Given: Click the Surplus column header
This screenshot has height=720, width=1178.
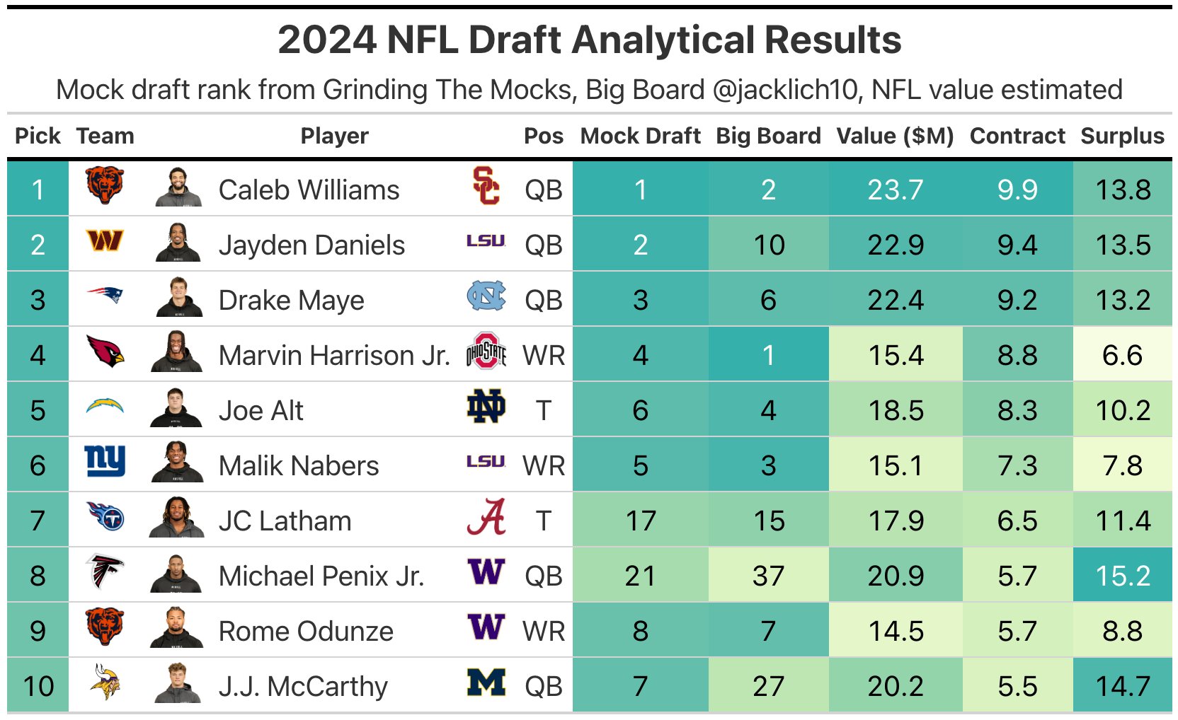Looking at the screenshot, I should pos(1122,136).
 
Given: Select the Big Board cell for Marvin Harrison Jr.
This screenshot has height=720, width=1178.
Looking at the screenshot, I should pos(768,355).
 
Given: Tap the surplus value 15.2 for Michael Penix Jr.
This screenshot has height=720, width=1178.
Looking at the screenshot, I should pos(1122,576).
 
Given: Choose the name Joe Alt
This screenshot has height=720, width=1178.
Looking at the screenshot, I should pos(261,410).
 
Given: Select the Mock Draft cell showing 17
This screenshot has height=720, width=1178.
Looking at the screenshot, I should pos(640,521).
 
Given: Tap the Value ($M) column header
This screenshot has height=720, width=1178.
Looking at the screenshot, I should pos(895,136).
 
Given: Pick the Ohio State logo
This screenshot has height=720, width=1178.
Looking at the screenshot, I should pos(486,352).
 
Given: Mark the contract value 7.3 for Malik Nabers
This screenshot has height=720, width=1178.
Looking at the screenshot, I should pos(1017,465).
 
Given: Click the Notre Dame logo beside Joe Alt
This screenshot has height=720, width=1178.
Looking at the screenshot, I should pos(486,407).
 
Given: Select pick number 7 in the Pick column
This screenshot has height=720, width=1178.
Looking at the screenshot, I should pos(38,521).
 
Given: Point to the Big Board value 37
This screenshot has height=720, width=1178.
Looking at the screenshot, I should pos(768,576).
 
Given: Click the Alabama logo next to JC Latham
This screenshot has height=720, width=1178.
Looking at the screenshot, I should pos(486,518).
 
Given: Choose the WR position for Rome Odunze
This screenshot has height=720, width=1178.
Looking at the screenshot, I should pos(543,631).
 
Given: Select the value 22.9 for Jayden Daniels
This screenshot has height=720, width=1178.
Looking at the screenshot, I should pos(895,245).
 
